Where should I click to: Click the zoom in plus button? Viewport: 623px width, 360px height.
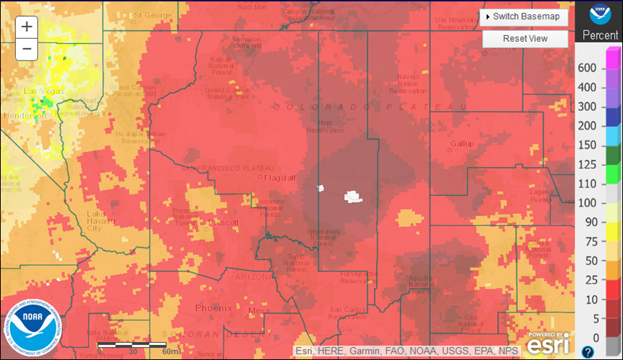27,27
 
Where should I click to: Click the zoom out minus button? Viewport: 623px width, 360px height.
27,49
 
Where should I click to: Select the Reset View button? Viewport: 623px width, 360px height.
525,38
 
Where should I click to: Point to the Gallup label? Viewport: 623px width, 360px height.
461,144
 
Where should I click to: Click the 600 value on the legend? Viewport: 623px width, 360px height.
588,68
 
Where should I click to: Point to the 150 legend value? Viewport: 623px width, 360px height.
588,145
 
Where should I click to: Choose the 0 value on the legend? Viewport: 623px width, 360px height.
595,338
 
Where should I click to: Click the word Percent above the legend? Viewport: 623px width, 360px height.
599,35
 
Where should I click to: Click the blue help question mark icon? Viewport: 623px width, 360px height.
588,351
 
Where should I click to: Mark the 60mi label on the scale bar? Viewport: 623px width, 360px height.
171,352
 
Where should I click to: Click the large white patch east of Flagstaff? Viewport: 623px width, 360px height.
353,196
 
